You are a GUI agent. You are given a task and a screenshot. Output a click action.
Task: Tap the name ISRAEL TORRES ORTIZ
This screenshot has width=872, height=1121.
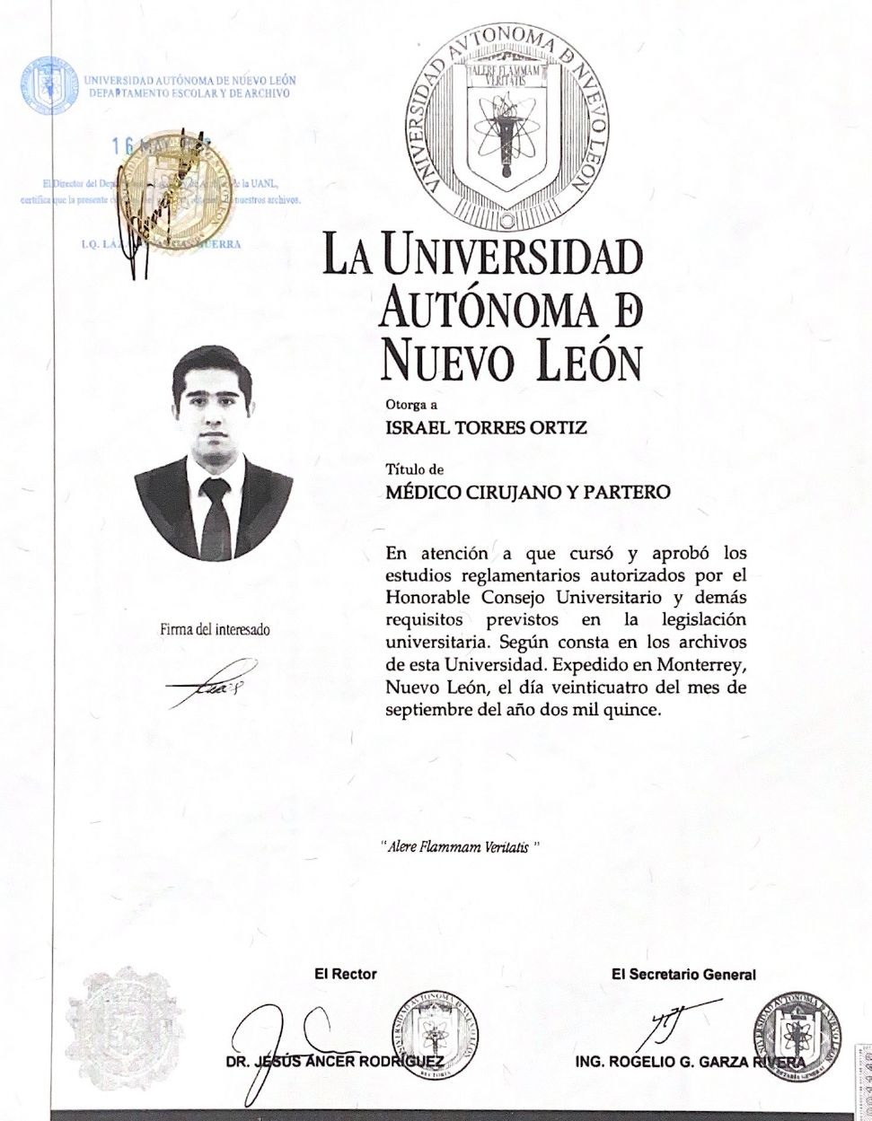486,427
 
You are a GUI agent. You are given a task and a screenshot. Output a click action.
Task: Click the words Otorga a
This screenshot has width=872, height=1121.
405,404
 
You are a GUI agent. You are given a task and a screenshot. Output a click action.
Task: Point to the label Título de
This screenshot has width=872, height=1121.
414,469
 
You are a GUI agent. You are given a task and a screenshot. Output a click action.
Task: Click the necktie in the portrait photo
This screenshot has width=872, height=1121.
215,517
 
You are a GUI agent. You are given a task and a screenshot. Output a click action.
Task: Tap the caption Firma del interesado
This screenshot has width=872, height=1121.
215,629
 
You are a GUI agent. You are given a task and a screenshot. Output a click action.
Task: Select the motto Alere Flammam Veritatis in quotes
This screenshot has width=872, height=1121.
462,846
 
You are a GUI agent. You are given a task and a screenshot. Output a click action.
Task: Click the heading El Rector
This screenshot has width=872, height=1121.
345,974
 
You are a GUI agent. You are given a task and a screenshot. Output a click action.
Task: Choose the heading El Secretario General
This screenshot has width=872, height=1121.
683,974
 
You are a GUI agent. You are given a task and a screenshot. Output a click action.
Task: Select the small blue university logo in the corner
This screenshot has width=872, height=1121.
48,85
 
